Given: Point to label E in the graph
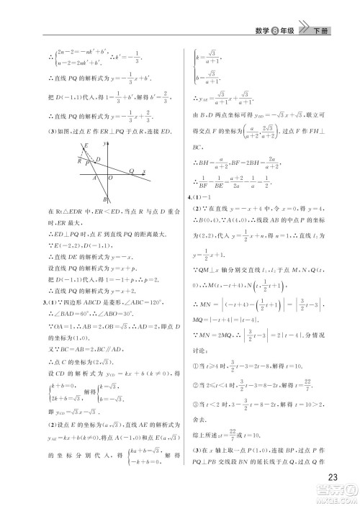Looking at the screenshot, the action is click(x=84, y=146).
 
